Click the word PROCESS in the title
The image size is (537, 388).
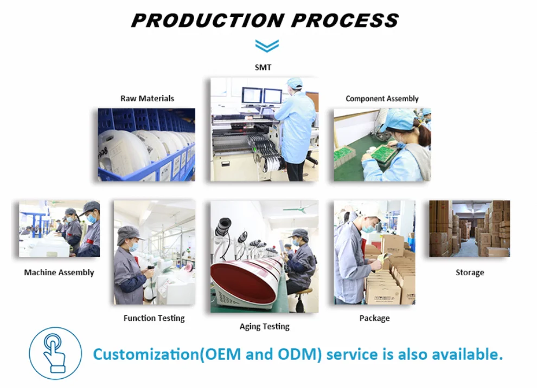pyautogui.click(x=345, y=21)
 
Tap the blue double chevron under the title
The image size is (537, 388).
pyautogui.click(x=267, y=46)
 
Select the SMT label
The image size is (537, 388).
pyautogui.click(x=263, y=67)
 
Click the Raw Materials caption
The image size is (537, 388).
pyautogui.click(x=147, y=99)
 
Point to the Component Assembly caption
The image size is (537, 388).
pyautogui.click(x=382, y=99)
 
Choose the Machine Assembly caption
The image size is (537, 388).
pyautogui.click(x=59, y=273)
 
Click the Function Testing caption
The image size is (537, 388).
pyautogui.click(x=154, y=318)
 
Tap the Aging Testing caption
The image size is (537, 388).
pyautogui.click(x=264, y=327)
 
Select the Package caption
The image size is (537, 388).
pyautogui.click(x=375, y=318)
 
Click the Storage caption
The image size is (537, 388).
pyautogui.click(x=470, y=273)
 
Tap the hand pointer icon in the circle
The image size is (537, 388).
pyautogui.click(x=54, y=353)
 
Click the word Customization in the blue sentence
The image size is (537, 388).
pyautogui.click(x=145, y=354)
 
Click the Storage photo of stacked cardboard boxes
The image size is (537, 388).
pyautogui.click(x=470, y=229)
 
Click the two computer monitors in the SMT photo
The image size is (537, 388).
pyautogui.click(x=262, y=96)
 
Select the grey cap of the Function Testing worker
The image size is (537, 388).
pyautogui.click(x=130, y=235)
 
